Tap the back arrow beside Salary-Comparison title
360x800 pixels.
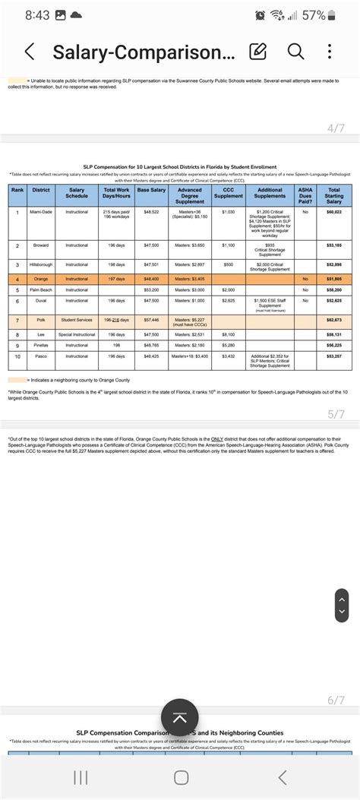[x=30, y=52]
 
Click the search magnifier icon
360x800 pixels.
[x=296, y=52]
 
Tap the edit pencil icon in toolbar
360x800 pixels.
[x=258, y=52]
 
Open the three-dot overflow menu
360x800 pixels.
[x=330, y=52]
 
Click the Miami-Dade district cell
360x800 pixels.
[x=40, y=212]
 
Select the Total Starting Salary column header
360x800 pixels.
[x=333, y=195]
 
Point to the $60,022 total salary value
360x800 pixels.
[x=333, y=212]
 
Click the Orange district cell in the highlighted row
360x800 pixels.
[x=40, y=279]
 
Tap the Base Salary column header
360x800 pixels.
[x=151, y=191]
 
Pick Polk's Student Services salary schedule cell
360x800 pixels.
[x=77, y=320]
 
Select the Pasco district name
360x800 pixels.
[x=40, y=356]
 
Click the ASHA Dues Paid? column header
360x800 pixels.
[x=305, y=195]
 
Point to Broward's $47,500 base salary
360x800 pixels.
[x=151, y=245]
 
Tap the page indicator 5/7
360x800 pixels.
[x=336, y=415]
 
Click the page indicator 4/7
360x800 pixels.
[x=336, y=128]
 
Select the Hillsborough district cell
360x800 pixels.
[x=40, y=264]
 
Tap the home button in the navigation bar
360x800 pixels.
[x=180, y=777]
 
